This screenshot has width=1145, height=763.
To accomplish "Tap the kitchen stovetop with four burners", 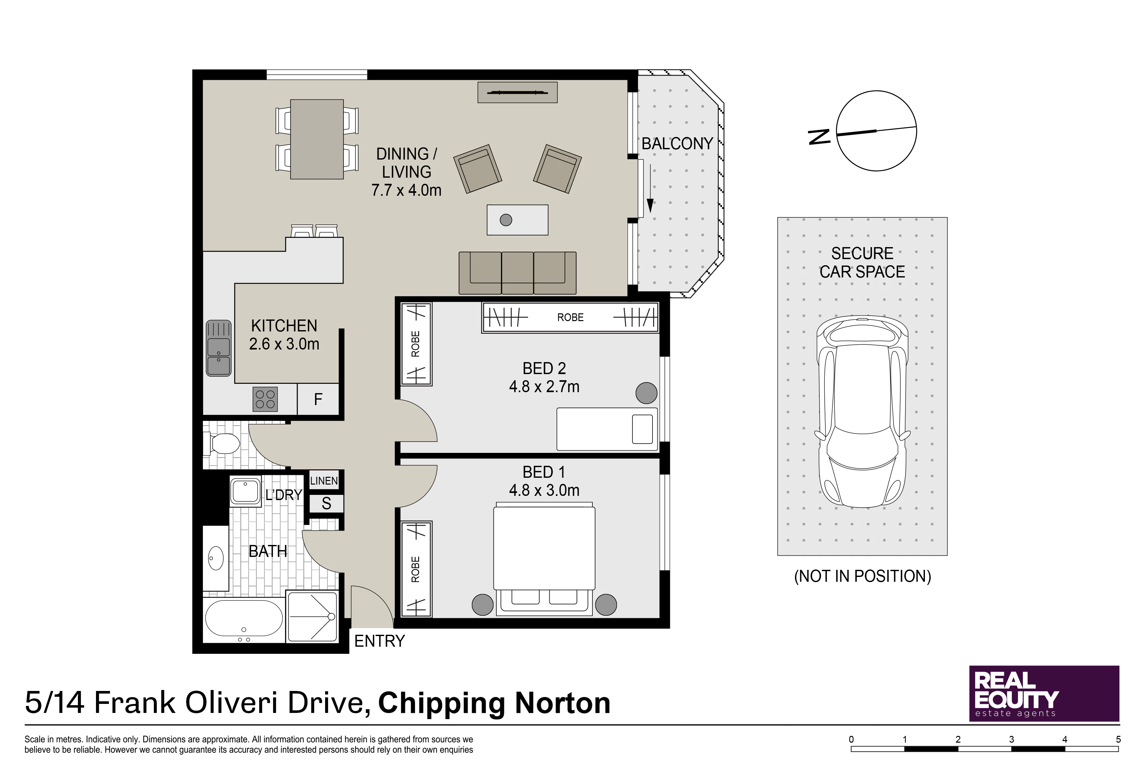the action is pos(265,399).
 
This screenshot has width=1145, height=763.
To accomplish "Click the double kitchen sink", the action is pos(218,348).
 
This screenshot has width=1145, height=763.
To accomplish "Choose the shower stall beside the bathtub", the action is pos(312,617).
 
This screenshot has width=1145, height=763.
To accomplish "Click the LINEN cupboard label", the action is pos(324,481).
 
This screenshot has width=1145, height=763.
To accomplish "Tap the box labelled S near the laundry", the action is pos(326,503).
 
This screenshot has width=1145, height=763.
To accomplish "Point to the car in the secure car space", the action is pos(863,412).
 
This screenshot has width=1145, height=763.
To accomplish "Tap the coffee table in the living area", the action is pos(517,220).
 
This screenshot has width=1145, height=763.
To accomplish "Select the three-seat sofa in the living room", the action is pos(517,273).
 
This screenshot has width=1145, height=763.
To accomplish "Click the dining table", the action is pos(317,139).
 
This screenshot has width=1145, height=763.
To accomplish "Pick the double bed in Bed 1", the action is pos(544,559).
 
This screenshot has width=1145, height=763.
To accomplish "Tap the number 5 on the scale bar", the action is pos(1118,739).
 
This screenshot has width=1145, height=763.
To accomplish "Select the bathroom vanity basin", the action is pos(216,558).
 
